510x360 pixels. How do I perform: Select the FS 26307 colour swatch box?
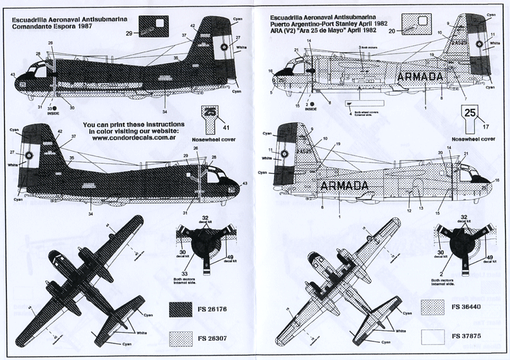tap(186, 336)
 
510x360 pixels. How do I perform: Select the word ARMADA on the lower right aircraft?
tap(345, 185)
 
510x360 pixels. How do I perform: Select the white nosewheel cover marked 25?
tap(470, 116)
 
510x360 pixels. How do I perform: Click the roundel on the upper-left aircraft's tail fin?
tap(224, 47)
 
